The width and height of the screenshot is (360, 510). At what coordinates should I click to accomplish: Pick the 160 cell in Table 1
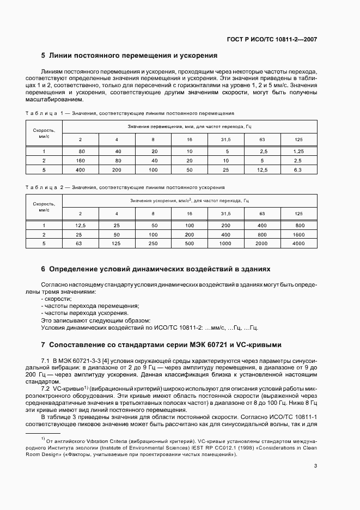click(81, 161)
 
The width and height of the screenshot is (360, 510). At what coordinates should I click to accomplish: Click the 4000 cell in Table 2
click(298, 244)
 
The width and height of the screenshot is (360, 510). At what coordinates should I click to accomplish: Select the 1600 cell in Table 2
click(298, 235)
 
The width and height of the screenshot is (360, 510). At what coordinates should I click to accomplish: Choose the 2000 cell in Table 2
click(262, 244)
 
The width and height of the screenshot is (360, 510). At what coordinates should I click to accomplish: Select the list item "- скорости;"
click(56, 299)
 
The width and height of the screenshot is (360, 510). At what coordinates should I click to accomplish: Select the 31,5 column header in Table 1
click(225, 140)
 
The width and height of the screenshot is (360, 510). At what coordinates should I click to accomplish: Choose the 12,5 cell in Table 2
click(81, 225)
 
